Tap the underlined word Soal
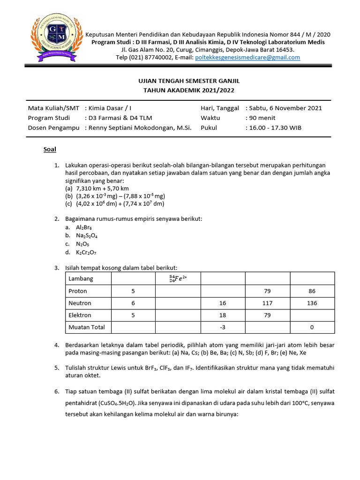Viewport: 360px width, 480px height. [50, 150]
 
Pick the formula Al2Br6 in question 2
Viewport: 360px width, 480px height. [84, 227]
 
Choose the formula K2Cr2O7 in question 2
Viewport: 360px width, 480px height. [88, 252]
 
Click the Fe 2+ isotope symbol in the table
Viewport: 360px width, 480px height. [178, 278]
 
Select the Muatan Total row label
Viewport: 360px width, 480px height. [87, 327]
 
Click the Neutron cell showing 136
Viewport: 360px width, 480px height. [312, 303]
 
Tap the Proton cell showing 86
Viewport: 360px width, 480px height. [312, 291]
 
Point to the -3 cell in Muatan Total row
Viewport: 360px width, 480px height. [223, 327]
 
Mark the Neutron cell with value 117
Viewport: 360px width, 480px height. [267, 303]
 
